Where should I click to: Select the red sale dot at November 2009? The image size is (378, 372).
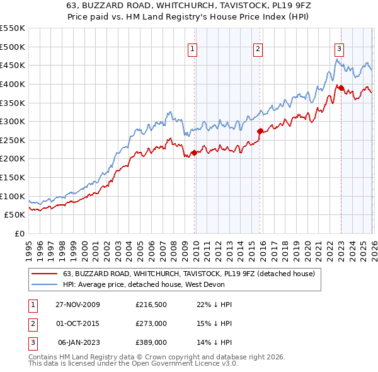[195, 152]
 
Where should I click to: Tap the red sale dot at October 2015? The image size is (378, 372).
[260, 131]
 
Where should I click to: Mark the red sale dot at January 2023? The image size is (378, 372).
[341, 88]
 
